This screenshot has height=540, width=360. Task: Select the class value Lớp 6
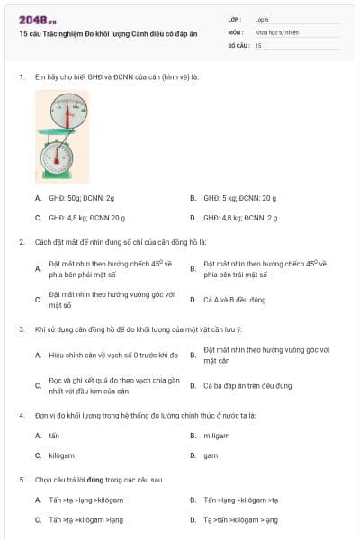(261, 18)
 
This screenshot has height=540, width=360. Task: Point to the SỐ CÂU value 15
(258, 44)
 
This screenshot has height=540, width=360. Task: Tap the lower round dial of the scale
(57, 158)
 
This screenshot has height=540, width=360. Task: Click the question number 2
(22, 242)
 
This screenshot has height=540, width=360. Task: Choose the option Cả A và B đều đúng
(235, 299)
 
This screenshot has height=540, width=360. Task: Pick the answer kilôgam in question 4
(61, 455)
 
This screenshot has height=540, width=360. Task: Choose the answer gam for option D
(211, 455)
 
